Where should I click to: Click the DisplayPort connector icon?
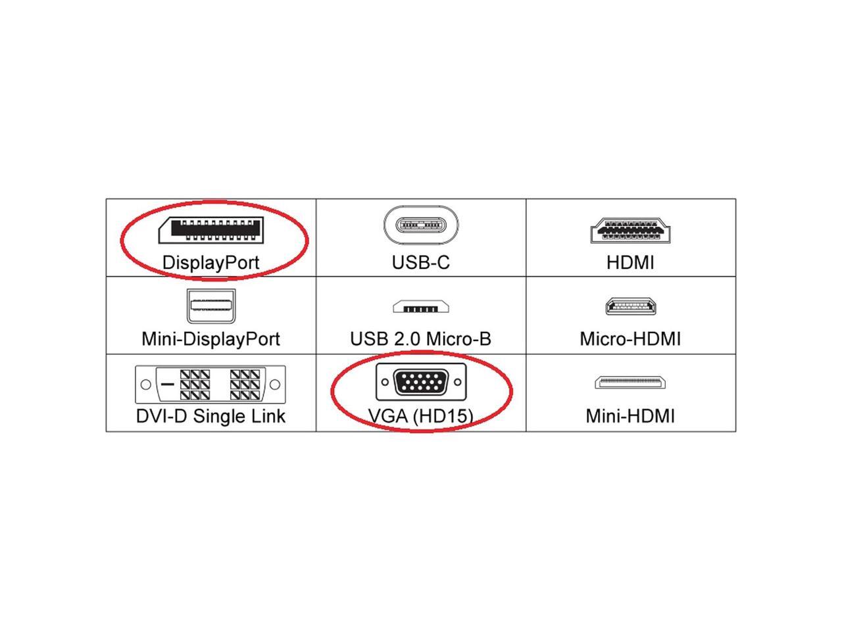tap(210, 229)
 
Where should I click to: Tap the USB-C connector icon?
tap(421, 225)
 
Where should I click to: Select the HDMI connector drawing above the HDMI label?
tap(631, 230)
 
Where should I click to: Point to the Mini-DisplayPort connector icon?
tap(210, 306)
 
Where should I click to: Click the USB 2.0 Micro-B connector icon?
tap(421, 307)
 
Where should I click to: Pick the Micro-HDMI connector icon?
tap(631, 306)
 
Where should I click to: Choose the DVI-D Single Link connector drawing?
tap(210, 385)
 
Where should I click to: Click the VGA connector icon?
tap(421, 382)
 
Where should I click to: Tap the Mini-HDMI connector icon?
tap(631, 383)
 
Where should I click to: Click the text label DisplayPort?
tap(210, 262)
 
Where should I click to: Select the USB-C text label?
tap(421, 262)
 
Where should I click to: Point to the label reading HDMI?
tap(630, 262)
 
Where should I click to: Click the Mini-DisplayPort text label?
tap(210, 339)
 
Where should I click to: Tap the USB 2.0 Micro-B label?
tap(421, 339)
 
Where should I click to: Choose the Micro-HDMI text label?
tap(630, 339)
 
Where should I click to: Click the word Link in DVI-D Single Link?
tap(267, 416)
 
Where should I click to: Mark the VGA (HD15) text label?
tap(421, 416)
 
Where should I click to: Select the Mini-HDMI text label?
tap(630, 416)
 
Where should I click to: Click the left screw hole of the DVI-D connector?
tap(146, 385)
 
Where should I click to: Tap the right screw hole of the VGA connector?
tap(457, 382)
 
